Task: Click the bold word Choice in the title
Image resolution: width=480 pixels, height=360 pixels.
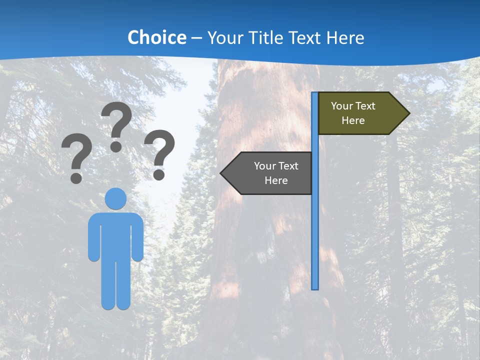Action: coord(156,37)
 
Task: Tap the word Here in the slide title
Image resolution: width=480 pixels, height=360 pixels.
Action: coord(345,37)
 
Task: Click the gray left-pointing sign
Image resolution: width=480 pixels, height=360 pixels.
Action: coord(270,173)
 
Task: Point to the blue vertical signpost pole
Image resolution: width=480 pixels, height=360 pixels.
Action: coord(315,225)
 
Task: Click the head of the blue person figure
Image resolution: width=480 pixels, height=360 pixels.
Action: coord(116,198)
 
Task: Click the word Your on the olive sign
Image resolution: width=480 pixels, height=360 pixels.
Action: coord(342,106)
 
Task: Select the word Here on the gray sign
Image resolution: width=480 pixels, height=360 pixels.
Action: coord(276,180)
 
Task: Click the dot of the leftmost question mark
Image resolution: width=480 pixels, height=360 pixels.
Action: coord(76,177)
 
